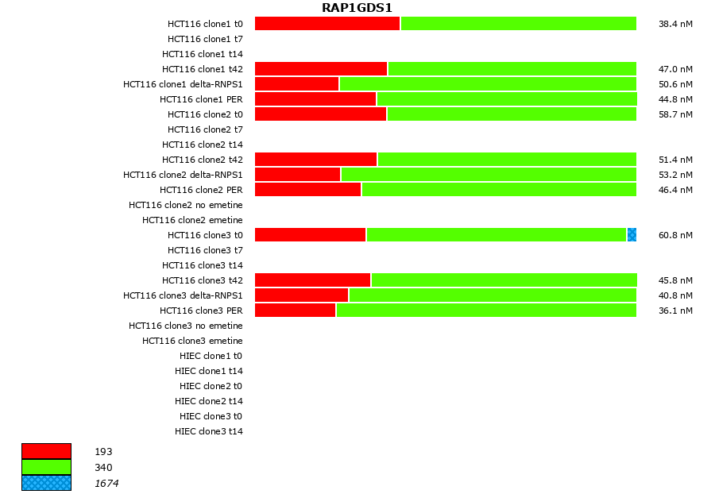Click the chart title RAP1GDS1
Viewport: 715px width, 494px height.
click(357, 8)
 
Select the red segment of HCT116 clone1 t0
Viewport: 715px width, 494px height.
click(327, 24)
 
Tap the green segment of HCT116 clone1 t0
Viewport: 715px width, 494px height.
click(519, 24)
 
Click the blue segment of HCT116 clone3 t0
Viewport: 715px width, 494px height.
click(632, 235)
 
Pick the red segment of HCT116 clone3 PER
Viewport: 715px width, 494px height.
click(296, 311)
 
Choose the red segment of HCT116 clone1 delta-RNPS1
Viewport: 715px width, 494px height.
click(297, 84)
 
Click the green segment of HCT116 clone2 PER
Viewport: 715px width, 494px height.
click(499, 190)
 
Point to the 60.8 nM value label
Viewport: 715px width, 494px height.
click(675, 236)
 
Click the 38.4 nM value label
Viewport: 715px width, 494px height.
click(675, 25)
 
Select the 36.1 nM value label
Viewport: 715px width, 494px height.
click(675, 311)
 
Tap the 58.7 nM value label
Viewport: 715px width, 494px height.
click(675, 115)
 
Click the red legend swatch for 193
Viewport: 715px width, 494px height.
click(46, 451)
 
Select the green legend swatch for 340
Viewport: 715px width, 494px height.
click(46, 467)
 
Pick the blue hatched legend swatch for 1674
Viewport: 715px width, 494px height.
click(46, 483)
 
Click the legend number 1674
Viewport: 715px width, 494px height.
click(106, 484)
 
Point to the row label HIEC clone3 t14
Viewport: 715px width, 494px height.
click(208, 431)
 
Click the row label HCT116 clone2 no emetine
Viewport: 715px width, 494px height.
click(185, 205)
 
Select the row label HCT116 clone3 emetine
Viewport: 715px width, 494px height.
click(192, 341)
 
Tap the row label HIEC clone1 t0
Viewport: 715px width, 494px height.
click(211, 356)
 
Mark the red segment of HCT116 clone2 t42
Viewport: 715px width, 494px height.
click(316, 160)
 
